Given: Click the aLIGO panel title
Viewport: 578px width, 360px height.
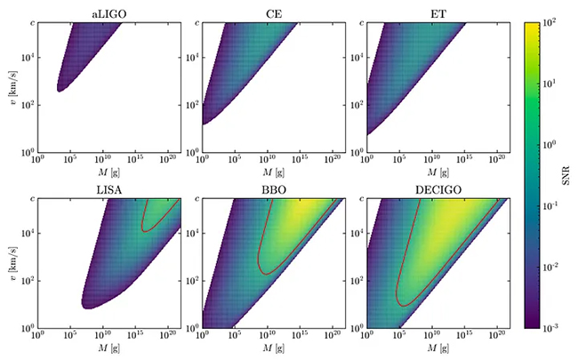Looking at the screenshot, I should (110, 12).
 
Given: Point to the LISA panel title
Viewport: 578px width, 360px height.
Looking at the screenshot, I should (110, 191).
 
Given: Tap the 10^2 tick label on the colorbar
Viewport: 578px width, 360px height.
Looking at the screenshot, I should (561, 21).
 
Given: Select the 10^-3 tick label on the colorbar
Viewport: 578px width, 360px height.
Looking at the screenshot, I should (563, 328).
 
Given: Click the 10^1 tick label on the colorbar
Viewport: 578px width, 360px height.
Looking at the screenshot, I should (561, 83).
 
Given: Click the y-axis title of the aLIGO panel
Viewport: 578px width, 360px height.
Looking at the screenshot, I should (9, 86).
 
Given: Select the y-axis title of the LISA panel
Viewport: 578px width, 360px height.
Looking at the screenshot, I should (9, 264).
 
